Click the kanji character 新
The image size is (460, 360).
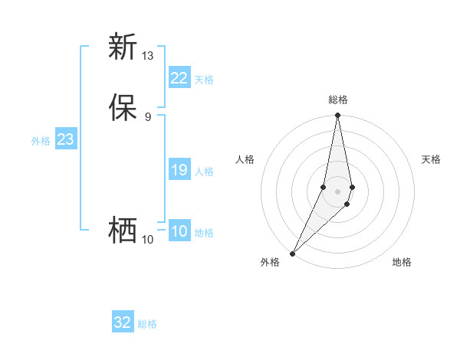123,47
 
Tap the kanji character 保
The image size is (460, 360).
123,108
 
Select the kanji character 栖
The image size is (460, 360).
123,231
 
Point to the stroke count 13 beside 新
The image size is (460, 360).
148,56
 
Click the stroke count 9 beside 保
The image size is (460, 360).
148,117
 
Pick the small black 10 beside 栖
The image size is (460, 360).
148,240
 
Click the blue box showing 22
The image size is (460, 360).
179,78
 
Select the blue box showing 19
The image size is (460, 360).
179,170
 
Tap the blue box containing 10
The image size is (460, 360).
179,231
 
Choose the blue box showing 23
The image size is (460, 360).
65,139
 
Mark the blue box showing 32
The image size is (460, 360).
123,322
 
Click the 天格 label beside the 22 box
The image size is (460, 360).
204,80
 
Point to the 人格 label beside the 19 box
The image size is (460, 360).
204,172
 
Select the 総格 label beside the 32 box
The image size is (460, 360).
147,324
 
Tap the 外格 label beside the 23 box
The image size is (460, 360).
41,141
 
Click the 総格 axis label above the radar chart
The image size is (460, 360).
337,100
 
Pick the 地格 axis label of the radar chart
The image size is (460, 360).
402,262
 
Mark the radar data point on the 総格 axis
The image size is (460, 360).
337,116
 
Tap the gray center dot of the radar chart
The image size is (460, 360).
337,191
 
